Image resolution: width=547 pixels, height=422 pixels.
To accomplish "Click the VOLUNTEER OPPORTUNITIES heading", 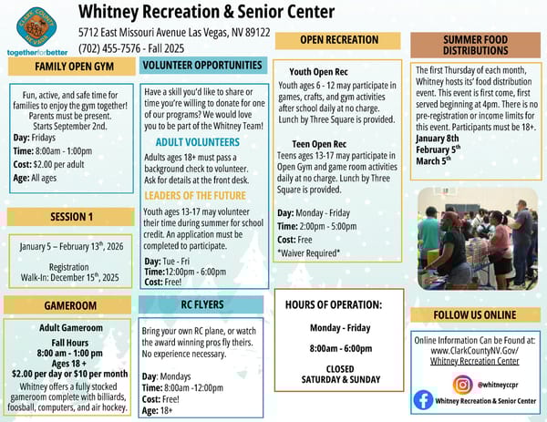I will (x=201, y=66).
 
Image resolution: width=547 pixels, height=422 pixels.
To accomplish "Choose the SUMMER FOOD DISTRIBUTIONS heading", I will (x=474, y=46).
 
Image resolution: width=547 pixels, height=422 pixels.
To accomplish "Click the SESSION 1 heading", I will (x=71, y=217).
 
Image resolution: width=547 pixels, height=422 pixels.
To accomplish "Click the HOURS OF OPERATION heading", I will (x=333, y=304).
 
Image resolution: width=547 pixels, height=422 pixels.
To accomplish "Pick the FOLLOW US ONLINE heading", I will (x=476, y=315).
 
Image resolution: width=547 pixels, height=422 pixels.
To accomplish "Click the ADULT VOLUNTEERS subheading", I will (x=198, y=142).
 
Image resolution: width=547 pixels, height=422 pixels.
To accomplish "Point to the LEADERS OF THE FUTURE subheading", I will (x=195, y=195).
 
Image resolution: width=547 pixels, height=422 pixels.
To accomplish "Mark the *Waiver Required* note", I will (x=308, y=252).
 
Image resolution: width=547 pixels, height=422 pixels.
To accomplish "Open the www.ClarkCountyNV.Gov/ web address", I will (x=474, y=350).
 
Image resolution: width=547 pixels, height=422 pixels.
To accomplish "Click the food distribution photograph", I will (x=474, y=239).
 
